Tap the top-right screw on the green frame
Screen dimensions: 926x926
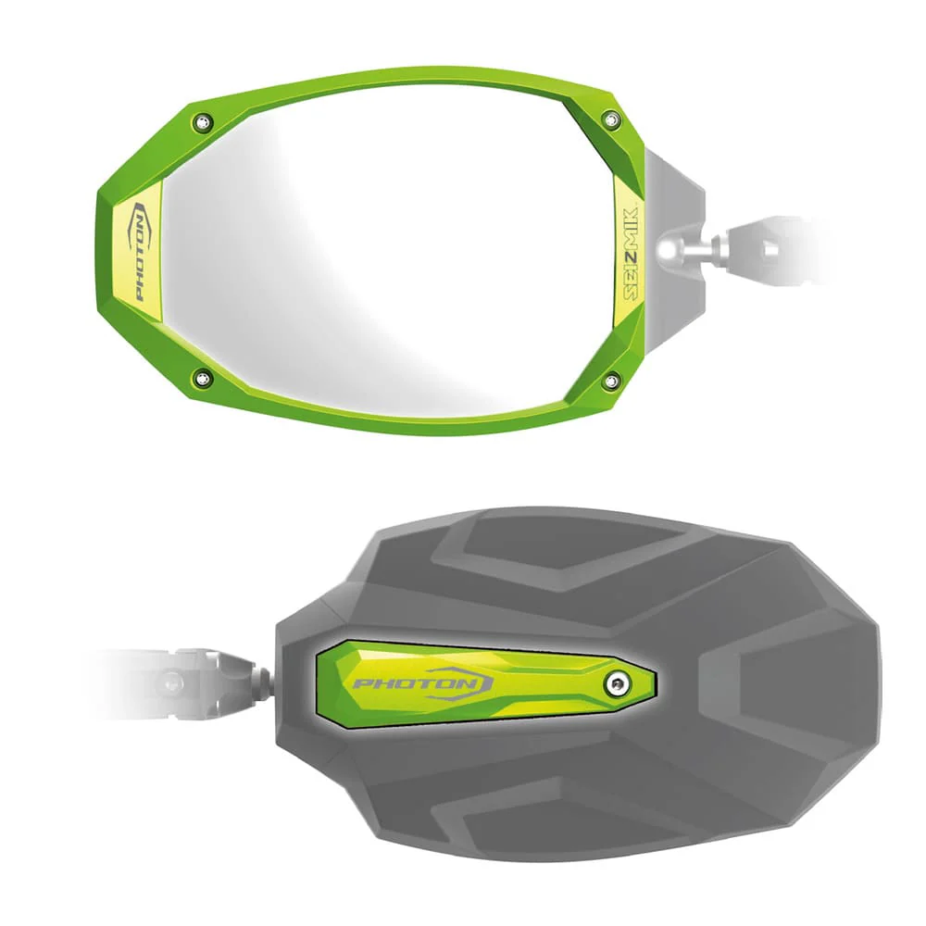coord(609,119)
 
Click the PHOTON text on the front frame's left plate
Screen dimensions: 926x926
coord(139,252)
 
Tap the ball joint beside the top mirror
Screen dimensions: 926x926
coord(674,247)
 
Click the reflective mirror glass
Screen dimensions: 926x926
coord(389,250)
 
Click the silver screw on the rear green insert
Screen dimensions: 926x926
coord(618,683)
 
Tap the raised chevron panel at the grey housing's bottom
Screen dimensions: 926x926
coord(556,824)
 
